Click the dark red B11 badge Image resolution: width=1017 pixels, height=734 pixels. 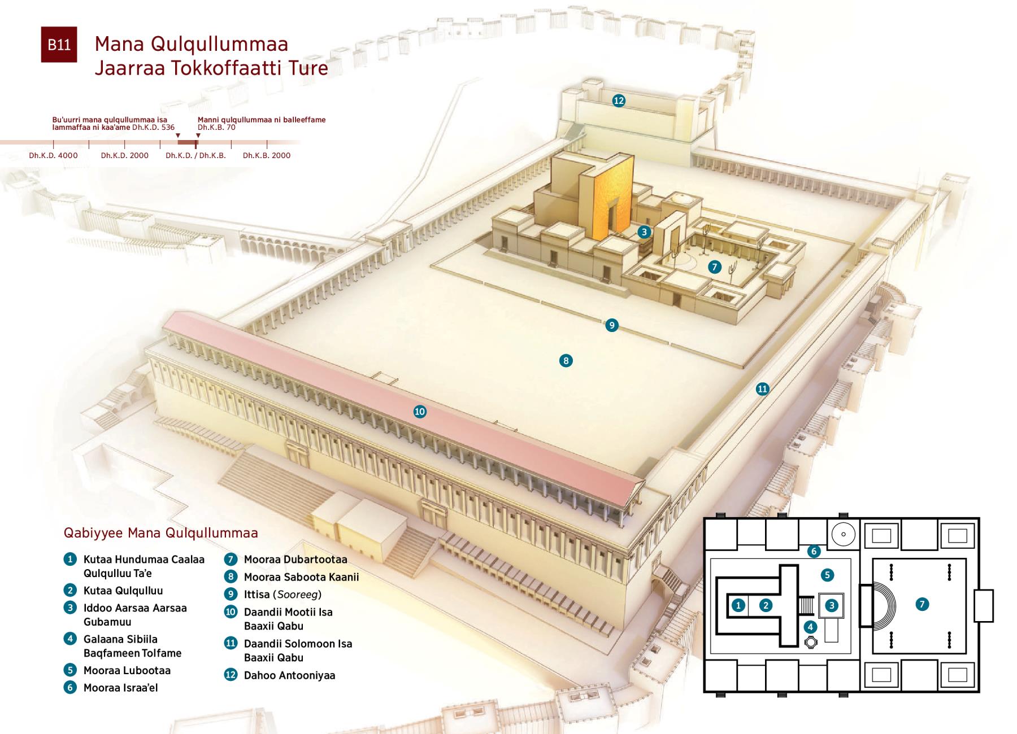coord(59,45)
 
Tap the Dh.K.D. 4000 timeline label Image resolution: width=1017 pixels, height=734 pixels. coord(54,155)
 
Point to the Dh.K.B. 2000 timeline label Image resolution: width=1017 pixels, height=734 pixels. coord(267,155)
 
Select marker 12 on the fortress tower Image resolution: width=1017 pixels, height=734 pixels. coord(619,101)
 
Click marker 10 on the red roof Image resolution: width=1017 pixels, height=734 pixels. coord(420,412)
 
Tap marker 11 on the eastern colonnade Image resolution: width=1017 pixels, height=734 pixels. coord(763,388)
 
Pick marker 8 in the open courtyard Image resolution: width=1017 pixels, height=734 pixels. coord(566,361)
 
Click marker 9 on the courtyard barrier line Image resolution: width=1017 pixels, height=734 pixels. coord(611,325)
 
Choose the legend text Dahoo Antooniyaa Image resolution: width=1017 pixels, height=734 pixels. coord(289,675)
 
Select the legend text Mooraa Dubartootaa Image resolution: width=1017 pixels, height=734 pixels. coord(295,560)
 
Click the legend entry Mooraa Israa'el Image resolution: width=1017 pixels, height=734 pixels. coord(120,688)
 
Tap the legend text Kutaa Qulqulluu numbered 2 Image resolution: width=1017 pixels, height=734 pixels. coord(123,591)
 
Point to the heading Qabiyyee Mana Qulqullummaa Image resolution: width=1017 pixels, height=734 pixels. coord(161,533)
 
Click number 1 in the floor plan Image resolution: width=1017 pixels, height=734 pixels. coord(738,605)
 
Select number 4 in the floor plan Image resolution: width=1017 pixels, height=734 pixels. coord(810,627)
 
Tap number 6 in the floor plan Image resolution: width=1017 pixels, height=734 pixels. coord(814,551)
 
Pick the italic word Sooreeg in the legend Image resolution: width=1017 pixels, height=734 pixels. coord(297,595)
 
